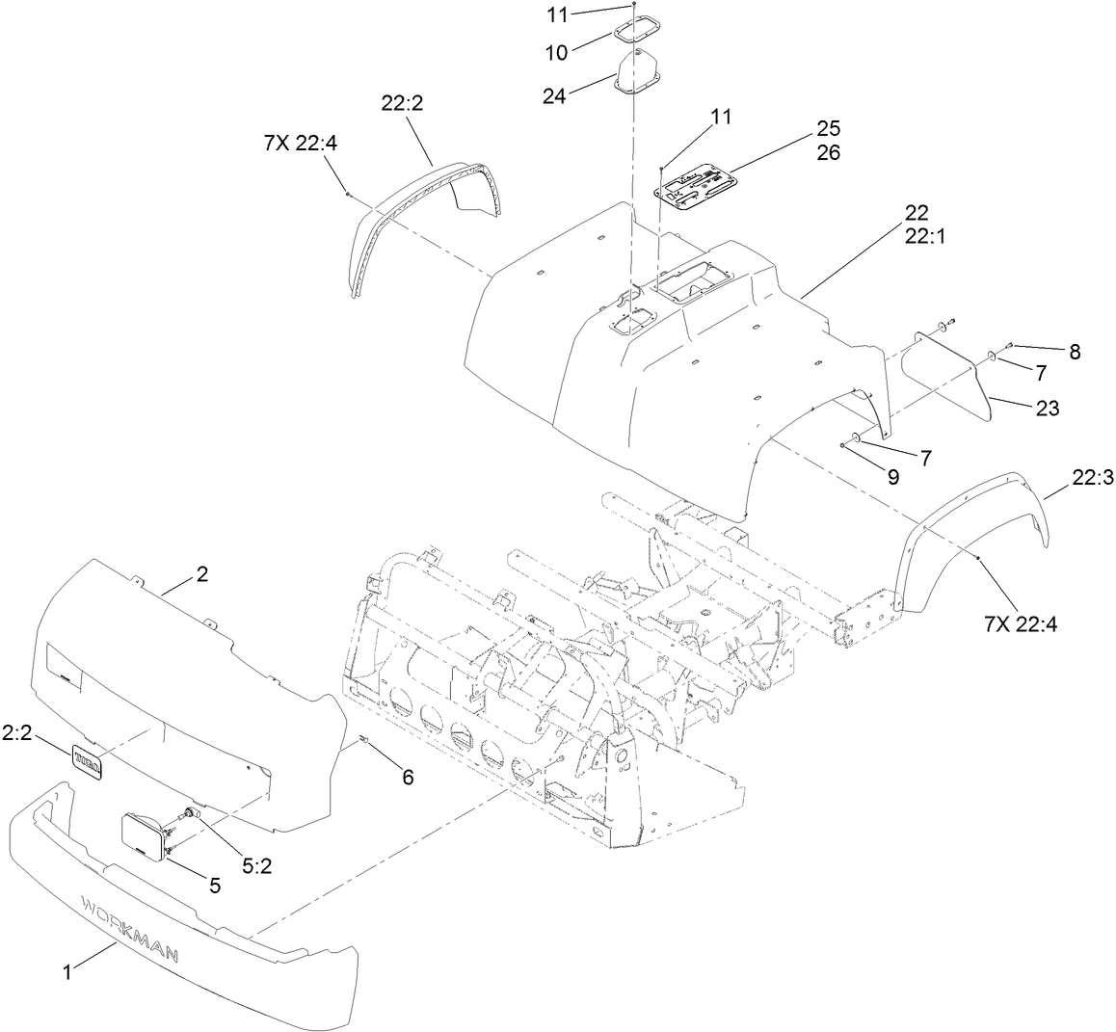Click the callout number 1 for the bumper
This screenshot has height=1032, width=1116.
point(66,973)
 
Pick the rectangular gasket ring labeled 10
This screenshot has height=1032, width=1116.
point(636,32)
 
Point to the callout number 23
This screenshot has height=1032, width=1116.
point(1048,409)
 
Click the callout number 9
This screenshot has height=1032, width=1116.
point(891,475)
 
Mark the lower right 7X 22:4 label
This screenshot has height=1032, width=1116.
point(1021,624)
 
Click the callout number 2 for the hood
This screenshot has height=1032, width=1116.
point(201,574)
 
